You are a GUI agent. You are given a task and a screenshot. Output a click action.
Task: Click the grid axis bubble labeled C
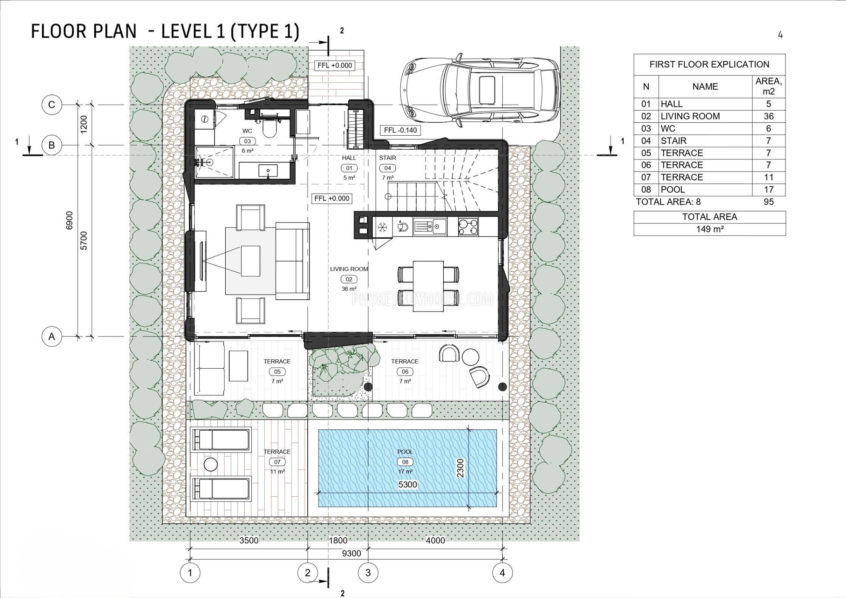(x=52, y=105)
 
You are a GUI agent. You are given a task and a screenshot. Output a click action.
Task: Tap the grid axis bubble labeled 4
(x=502, y=573)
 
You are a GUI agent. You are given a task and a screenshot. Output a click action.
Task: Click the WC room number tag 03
(x=248, y=141)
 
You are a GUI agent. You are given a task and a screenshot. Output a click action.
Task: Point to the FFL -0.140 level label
(x=400, y=130)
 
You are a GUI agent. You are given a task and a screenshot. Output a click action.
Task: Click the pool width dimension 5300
(x=408, y=485)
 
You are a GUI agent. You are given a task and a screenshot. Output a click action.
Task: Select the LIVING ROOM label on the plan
(x=349, y=269)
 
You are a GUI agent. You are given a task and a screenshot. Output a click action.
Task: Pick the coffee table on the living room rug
(x=251, y=261)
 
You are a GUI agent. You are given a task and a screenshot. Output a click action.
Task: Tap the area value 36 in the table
(x=769, y=116)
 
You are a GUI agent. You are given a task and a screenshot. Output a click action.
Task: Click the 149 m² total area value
(x=710, y=229)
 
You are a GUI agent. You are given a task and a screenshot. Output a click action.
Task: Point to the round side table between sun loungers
(x=211, y=464)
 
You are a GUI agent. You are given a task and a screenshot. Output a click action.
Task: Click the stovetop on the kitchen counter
(x=468, y=227)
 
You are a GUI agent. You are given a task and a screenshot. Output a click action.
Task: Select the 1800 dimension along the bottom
(x=338, y=540)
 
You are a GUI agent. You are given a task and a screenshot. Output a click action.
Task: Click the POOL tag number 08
(x=405, y=462)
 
